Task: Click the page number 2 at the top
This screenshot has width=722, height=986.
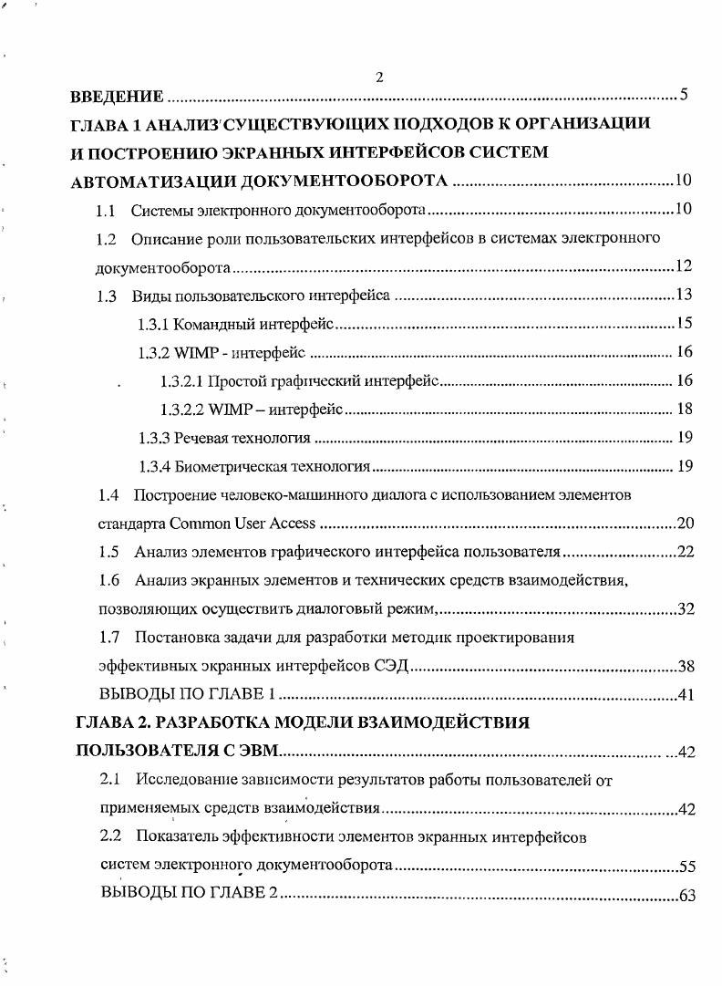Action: click(x=378, y=78)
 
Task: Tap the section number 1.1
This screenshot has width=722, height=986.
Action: click(x=106, y=211)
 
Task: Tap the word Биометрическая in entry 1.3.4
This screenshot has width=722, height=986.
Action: click(x=225, y=467)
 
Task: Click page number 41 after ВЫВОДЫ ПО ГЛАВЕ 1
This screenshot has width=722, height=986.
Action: click(x=686, y=695)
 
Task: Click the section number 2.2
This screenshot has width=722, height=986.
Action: click(x=110, y=836)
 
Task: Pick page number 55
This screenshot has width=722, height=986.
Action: click(x=686, y=866)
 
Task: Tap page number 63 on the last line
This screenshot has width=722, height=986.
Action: click(x=687, y=895)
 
